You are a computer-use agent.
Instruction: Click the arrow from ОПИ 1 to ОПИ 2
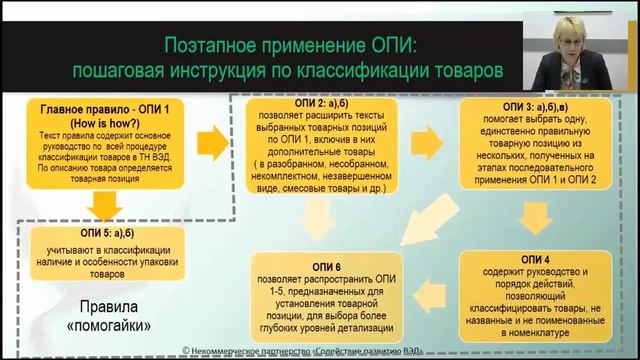pos(213,136)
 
